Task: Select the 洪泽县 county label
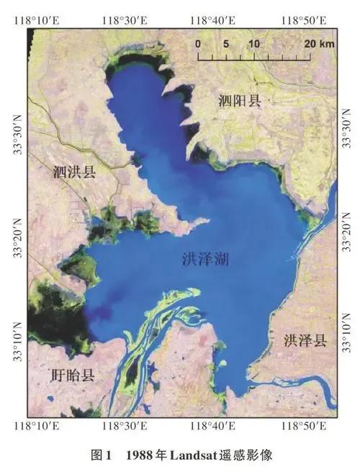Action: click(305, 340)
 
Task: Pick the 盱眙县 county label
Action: click(74, 375)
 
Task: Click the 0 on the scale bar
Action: click(197, 43)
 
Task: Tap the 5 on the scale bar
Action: click(225, 43)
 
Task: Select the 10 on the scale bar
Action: click(253, 43)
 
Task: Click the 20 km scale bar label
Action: click(319, 43)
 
